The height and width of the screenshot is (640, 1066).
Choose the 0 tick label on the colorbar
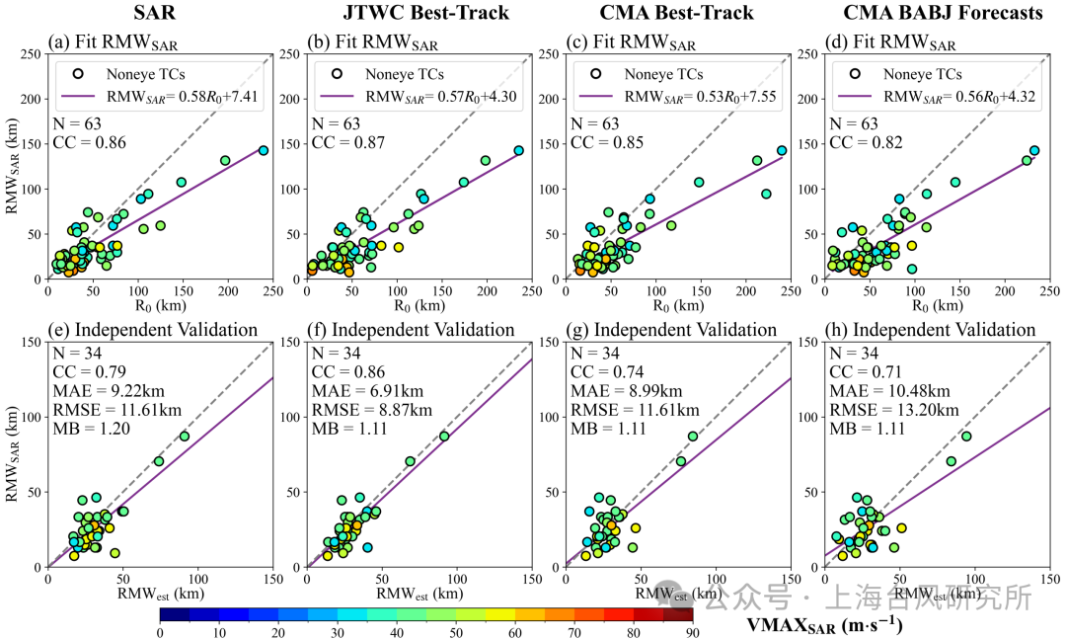160,633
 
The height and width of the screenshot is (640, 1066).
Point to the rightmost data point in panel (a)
263,150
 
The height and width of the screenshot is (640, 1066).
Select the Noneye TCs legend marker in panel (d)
855,73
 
